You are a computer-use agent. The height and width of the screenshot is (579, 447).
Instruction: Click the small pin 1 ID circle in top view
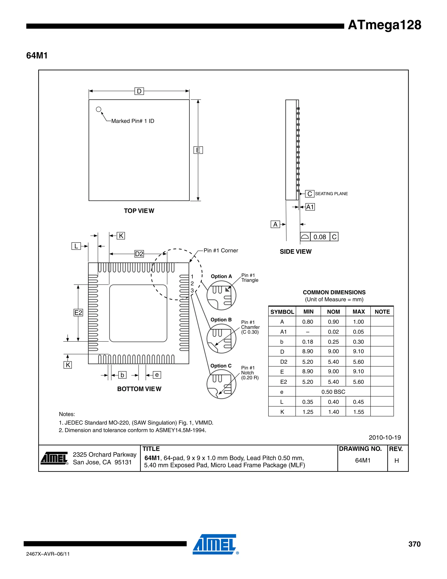pos(98,109)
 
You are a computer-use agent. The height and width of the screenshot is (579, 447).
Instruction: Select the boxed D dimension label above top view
pos(139,91)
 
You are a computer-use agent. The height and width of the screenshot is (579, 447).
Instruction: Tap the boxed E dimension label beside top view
pos(198,150)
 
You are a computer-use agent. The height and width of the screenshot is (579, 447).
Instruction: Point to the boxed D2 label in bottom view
pos(139,254)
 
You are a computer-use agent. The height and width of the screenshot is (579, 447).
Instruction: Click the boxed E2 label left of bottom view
pos(78,313)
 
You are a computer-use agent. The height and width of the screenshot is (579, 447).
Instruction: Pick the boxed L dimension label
pos(76,246)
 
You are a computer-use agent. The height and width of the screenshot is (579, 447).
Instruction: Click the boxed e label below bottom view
pos(157,375)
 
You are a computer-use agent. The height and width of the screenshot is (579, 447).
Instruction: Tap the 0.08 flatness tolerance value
pos(320,237)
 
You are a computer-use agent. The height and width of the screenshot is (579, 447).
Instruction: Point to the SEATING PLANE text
pos(331,194)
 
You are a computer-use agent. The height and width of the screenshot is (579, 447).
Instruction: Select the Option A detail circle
pos(221,295)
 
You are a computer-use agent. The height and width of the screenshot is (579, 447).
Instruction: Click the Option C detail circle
pos(221,384)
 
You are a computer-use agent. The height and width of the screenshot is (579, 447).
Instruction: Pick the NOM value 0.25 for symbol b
pos(333,342)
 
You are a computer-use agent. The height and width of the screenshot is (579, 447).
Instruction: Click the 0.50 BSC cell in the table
pos(333,392)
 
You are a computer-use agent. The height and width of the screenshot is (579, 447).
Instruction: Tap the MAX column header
pos(359,312)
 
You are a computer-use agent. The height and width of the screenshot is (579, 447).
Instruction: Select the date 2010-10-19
pos(385,437)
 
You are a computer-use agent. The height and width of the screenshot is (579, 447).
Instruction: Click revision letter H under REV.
pos(396,461)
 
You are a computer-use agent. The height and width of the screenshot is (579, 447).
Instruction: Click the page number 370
pos(414,544)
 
